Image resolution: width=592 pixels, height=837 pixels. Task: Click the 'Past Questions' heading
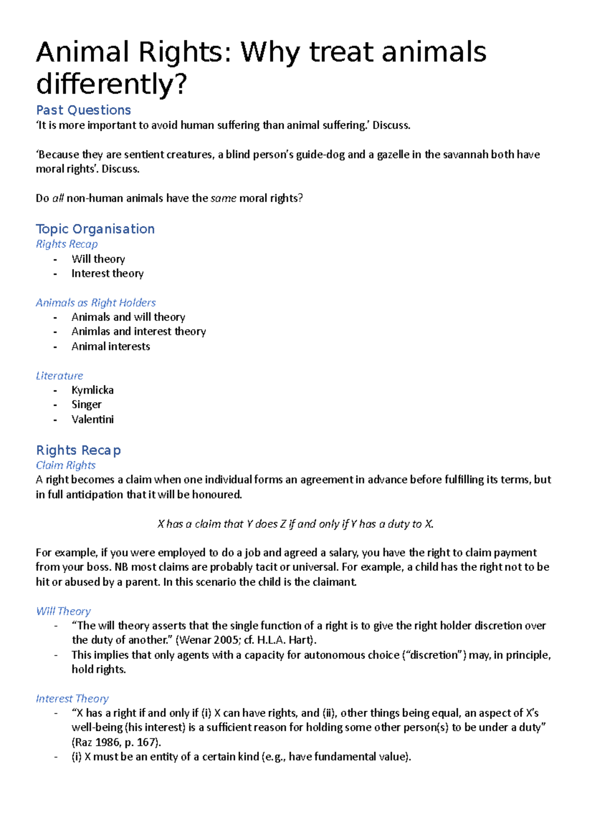coord(83,110)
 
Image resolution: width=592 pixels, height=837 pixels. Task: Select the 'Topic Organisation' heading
coord(95,229)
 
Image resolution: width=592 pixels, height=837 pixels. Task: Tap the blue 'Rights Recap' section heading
coord(78,450)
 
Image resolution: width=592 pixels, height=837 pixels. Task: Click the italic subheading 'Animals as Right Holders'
coord(96,303)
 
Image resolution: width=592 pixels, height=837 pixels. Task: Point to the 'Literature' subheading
coord(59,376)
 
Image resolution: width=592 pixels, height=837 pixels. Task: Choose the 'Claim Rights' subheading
coord(66,465)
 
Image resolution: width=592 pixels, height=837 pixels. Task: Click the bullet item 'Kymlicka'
coord(92,390)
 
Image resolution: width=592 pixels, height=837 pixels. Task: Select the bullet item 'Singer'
coord(86,405)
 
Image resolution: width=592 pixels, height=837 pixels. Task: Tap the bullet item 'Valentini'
coord(92,419)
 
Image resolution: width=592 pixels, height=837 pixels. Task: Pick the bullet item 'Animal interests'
coord(111,347)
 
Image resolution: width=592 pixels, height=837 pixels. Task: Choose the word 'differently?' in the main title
coord(111,84)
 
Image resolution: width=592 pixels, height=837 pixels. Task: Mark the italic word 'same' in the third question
coord(223,198)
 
